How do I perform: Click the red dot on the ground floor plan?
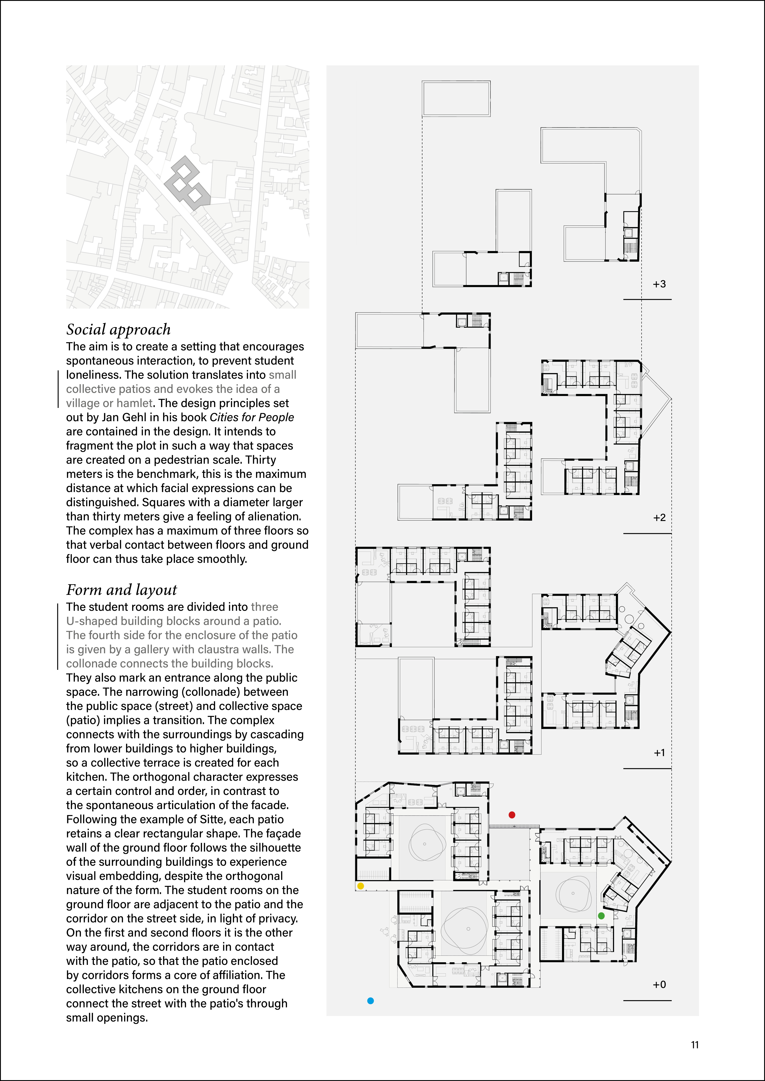point(512,815)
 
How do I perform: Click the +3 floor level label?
point(659,284)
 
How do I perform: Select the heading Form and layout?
point(121,590)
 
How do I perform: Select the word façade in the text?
point(282,834)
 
